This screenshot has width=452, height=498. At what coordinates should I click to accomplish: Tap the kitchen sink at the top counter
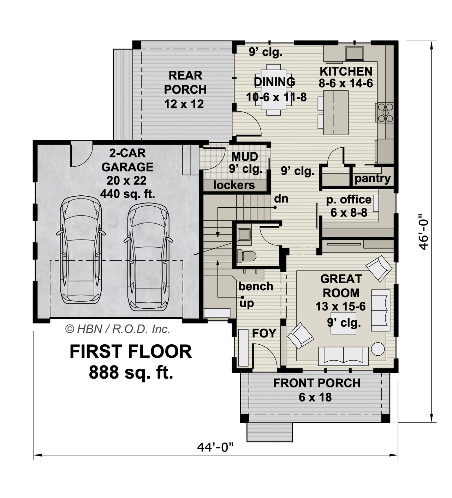pos(354,54)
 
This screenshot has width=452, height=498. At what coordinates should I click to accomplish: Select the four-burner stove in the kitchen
pos(385,112)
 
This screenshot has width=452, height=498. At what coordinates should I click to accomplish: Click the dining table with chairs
pos(274,89)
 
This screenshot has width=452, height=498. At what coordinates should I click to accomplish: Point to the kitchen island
pos(335,113)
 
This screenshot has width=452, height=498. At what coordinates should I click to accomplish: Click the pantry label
pos(373,178)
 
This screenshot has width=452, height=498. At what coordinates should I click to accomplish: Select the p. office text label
pos(349,200)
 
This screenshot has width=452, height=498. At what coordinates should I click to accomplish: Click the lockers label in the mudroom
pos(234,185)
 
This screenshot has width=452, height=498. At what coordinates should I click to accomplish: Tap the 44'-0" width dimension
pos(215,447)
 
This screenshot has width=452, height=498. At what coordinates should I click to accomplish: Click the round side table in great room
pos(378,349)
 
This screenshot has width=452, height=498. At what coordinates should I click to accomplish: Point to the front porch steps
pos(269,432)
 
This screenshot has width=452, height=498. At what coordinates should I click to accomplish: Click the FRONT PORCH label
pos(317,383)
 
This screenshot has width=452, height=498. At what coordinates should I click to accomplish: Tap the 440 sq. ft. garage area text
pos(127,194)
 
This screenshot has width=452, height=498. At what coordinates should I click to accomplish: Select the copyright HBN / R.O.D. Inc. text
pos(118,329)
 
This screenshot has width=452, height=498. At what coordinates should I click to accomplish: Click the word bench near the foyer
pos(256,286)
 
